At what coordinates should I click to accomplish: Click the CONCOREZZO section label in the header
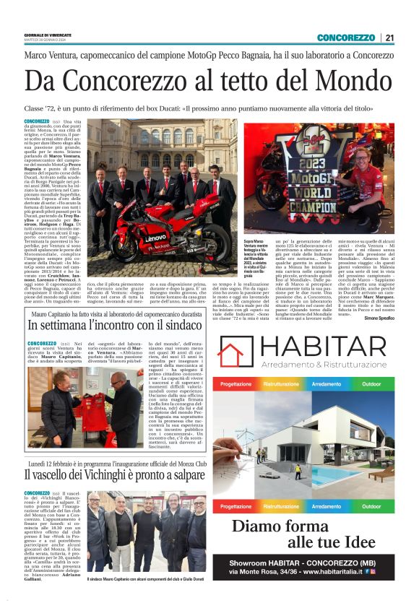[345, 38]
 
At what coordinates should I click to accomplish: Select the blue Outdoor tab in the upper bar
[371, 384]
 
